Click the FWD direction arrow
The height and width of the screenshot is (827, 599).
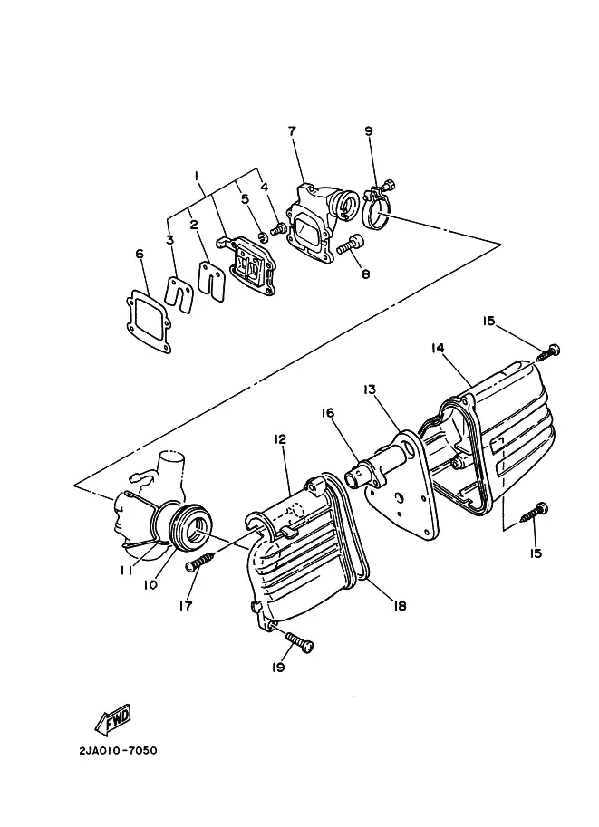[113, 719]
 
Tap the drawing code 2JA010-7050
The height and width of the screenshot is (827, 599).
[118, 750]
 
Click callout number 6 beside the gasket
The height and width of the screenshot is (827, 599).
[140, 255]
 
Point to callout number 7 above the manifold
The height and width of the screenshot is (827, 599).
[292, 130]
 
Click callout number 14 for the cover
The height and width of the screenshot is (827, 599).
[438, 349]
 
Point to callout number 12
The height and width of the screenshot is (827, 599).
[279, 438]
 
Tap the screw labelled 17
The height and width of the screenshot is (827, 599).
[201, 561]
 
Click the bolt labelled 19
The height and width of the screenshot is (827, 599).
[299, 641]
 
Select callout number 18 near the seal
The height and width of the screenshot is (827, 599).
[400, 607]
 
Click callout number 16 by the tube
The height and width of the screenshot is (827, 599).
[328, 412]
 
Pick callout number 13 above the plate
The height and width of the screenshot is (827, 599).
[370, 389]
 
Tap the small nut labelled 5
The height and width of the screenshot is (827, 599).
[262, 235]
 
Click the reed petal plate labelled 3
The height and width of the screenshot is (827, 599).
[179, 293]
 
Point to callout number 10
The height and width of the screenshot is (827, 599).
[151, 584]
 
